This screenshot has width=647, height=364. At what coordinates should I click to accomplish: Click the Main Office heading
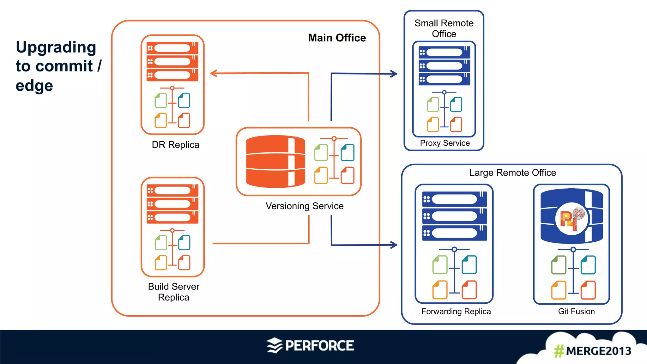(x=337, y=38)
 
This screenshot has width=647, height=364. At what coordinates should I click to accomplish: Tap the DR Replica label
(x=175, y=145)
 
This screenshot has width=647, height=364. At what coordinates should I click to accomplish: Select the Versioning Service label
(x=304, y=206)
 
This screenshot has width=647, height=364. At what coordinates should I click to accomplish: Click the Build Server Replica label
(x=173, y=292)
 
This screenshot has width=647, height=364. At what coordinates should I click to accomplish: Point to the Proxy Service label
(x=444, y=143)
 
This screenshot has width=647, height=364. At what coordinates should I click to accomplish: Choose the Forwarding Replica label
(x=456, y=312)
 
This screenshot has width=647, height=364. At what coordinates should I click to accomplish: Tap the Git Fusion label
(x=576, y=312)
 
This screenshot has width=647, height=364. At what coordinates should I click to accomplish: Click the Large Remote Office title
(x=512, y=173)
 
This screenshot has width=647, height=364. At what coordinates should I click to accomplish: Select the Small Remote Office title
(x=444, y=28)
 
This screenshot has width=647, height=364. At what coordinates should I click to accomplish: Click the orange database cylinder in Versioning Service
(x=275, y=162)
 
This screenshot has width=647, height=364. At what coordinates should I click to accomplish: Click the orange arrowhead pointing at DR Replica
(x=214, y=74)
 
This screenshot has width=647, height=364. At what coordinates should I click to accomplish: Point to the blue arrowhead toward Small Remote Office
(x=394, y=74)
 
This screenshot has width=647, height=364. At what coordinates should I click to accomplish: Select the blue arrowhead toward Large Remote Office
(x=394, y=245)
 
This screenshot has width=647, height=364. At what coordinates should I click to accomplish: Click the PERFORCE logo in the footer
(x=310, y=345)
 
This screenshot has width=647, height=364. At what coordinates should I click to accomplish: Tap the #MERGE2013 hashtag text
(x=592, y=351)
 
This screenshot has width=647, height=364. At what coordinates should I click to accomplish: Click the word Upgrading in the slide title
(x=56, y=47)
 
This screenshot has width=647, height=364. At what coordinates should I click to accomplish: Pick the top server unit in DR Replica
(x=172, y=48)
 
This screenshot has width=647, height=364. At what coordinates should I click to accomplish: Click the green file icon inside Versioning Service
(x=321, y=153)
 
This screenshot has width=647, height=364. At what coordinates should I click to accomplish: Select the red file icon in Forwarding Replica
(x=469, y=290)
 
